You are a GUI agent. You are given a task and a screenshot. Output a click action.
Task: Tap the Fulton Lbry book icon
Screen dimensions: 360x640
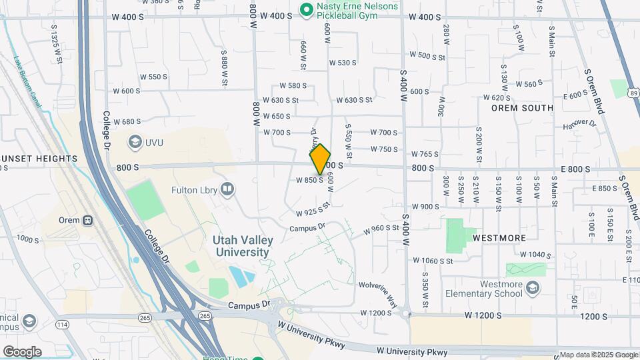click(x=228, y=191)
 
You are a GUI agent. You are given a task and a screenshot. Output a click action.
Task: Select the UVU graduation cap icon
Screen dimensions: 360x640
click(x=135, y=142)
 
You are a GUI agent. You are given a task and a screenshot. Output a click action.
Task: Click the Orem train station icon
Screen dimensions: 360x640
click(x=87, y=220)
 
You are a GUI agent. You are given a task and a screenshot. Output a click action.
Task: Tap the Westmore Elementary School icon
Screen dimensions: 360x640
click(x=532, y=288)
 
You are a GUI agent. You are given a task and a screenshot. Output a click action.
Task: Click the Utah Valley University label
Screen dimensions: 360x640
click(x=241, y=246)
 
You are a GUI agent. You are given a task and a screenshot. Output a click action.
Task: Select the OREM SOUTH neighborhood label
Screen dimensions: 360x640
click(x=522, y=108)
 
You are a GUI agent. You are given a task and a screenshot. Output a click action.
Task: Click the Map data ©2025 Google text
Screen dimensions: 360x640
click(x=598, y=355)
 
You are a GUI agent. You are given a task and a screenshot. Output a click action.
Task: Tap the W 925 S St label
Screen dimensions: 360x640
click(x=313, y=211)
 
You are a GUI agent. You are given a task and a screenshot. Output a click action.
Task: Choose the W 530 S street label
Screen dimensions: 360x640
click(x=343, y=63)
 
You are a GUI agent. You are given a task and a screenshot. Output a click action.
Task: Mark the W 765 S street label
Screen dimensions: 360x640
click(x=425, y=154)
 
